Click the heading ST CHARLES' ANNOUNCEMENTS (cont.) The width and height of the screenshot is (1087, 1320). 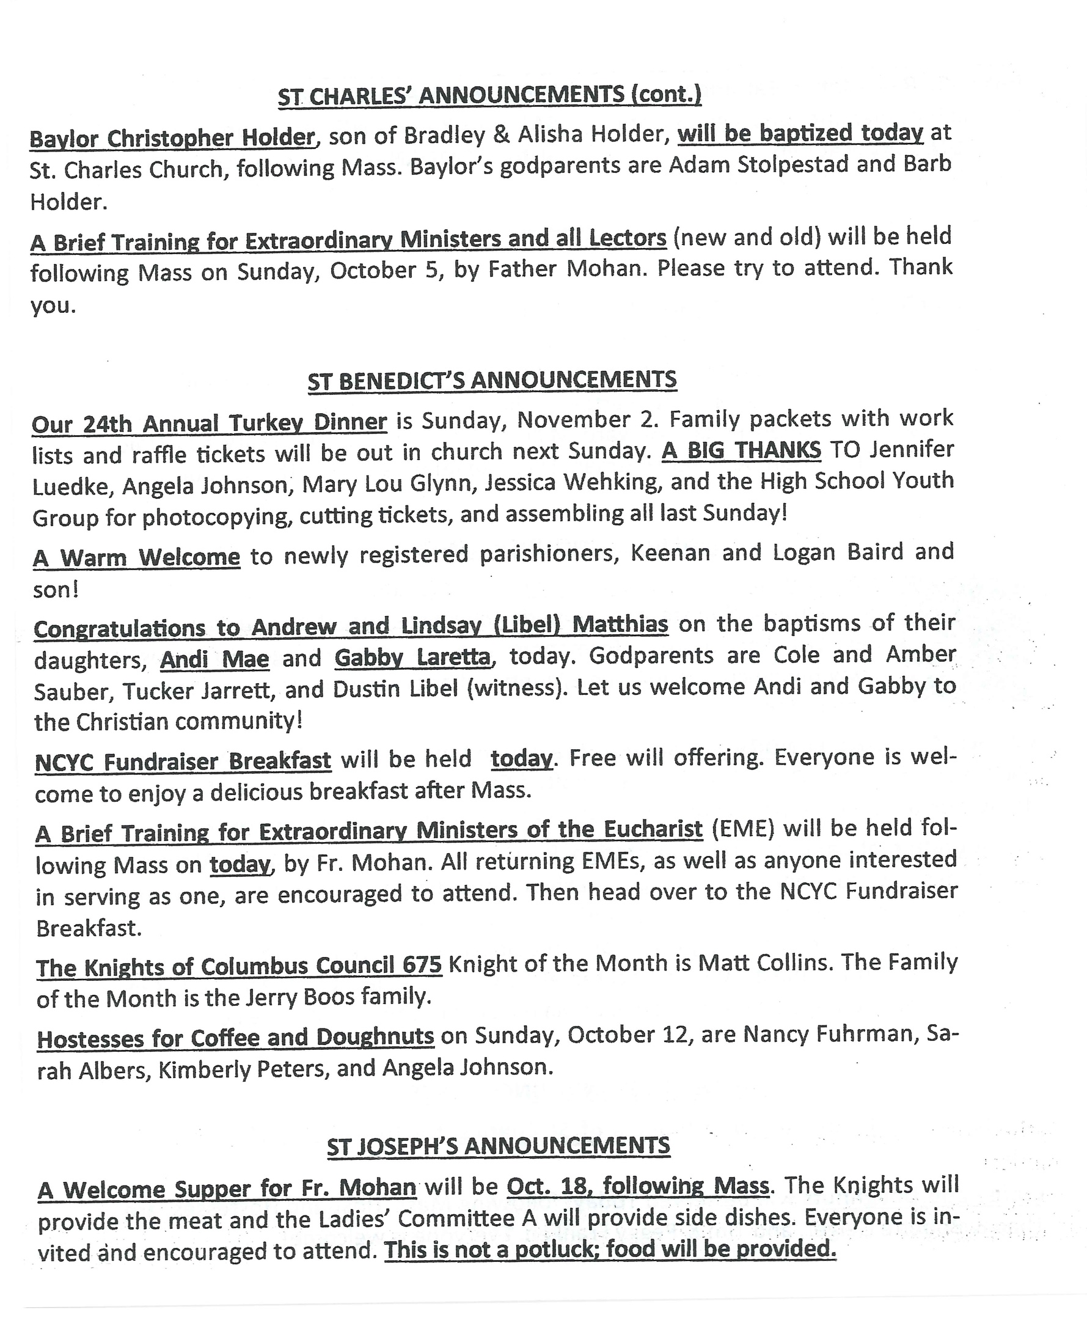coord(489,95)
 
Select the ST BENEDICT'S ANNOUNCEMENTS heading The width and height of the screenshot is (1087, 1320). coord(491,381)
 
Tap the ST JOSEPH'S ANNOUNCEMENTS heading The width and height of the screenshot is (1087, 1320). coord(498,1146)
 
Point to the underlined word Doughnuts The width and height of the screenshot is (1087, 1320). coord(375,1036)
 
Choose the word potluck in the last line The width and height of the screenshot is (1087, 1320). coord(553,1250)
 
